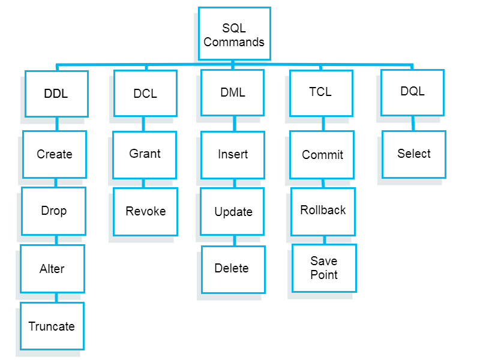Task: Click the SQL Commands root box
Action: (234, 34)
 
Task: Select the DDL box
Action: (56, 94)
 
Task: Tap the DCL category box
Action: (145, 94)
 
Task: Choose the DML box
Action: (232, 92)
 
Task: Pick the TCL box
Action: (321, 92)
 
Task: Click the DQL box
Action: (412, 92)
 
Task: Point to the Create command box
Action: (55, 154)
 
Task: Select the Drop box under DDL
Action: (53, 211)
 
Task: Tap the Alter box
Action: (52, 269)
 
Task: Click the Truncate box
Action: (52, 326)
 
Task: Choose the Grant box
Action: (145, 154)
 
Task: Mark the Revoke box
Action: (146, 211)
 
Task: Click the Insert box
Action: (233, 154)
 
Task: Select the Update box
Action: (232, 212)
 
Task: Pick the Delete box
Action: (233, 269)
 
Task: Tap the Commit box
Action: (322, 155)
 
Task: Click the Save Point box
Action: (324, 268)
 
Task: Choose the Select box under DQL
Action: (413, 154)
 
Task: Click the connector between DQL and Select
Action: (413, 123)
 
